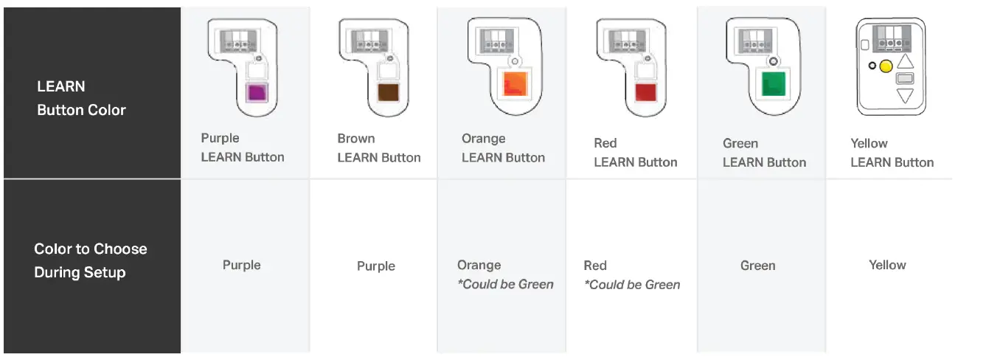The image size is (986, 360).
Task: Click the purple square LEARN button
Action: pos(256,93)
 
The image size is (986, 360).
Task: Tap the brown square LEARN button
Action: pos(387,92)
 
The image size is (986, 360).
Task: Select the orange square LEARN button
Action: pos(513,84)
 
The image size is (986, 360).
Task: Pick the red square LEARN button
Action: pos(645,92)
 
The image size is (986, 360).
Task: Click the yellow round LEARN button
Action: pos(886,66)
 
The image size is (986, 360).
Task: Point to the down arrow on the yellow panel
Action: pos(905,95)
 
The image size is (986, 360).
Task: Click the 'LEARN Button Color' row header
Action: pos(81,98)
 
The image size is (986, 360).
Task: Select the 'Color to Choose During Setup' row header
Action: pos(90,260)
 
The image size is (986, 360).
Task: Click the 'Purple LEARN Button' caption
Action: pos(242,148)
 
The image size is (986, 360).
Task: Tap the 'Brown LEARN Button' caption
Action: pos(378,148)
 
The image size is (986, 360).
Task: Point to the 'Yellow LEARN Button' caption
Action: pos(892,153)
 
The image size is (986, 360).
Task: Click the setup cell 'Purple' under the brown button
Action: pos(376,266)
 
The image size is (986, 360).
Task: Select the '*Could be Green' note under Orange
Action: pos(505,285)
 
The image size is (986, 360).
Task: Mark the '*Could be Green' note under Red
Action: pos(632,285)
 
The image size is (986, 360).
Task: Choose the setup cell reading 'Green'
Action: pos(757,266)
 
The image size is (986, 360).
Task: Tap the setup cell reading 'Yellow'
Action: pos(887,265)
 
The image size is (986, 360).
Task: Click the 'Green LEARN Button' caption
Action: pos(764,153)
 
